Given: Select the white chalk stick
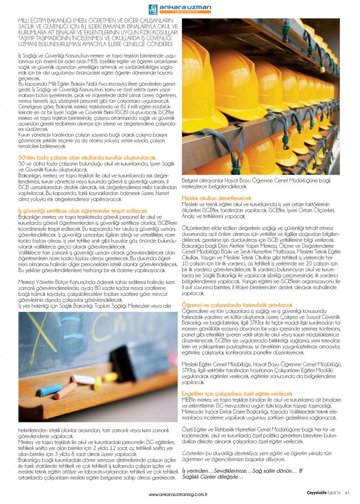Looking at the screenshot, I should click(x=83, y=379).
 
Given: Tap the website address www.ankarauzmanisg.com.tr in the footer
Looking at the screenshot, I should click(x=179, y=494).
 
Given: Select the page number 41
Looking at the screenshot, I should click(x=347, y=493).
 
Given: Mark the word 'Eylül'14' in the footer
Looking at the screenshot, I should click(x=334, y=493).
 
